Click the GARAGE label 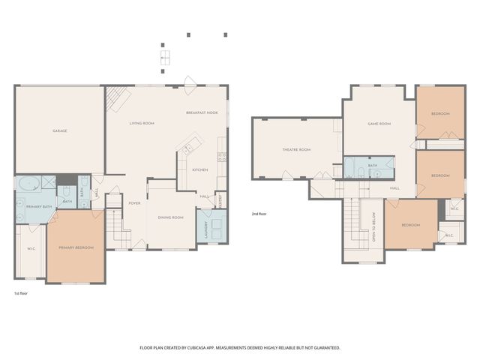(60, 131)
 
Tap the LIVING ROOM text (142, 123)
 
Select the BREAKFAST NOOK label (202, 112)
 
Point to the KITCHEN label (199, 170)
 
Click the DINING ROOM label (170, 217)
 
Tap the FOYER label (134, 203)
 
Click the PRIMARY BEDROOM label (76, 247)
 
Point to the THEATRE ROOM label (296, 150)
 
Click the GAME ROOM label (379, 124)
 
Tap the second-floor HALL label (394, 188)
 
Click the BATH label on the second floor (372, 165)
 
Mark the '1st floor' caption (22, 293)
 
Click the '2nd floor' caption (259, 214)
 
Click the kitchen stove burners (222, 157)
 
